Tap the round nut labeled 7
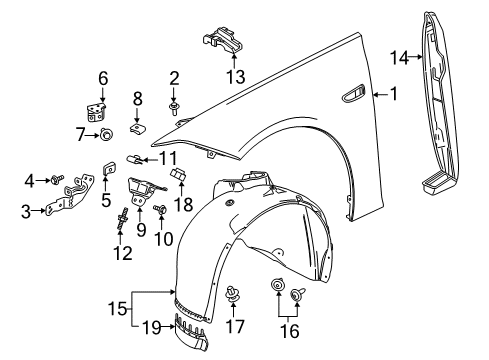(107, 134)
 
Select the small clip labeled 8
(139, 124)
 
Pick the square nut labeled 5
(105, 168)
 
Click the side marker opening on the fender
(351, 95)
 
